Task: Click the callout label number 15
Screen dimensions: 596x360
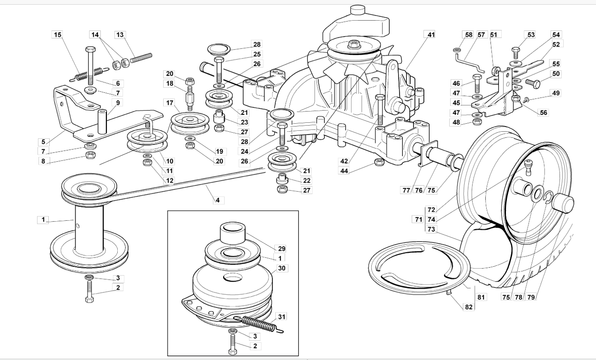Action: coord(58,35)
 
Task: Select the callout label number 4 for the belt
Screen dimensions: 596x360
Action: coord(218,200)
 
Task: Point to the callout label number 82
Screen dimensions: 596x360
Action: coord(468,307)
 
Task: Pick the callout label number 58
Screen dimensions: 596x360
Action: coord(468,35)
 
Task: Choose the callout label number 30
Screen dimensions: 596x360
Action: coord(281,268)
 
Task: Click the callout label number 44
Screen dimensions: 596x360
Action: coord(344,171)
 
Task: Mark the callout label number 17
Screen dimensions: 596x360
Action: coord(170,103)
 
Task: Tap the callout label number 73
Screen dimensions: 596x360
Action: coord(431,229)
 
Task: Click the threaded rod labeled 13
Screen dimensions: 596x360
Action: coord(141,58)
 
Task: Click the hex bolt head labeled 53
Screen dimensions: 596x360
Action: coord(516,50)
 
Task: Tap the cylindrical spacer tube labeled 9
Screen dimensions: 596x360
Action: coord(102,121)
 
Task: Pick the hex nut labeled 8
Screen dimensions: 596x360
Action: coord(91,155)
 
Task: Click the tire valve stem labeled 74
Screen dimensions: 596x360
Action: coord(528,167)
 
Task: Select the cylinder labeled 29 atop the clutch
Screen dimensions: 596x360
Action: coord(233,233)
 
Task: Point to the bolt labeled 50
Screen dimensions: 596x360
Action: coord(533,84)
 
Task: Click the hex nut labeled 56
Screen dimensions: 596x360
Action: coord(516,98)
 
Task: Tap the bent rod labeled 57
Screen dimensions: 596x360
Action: coord(469,63)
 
